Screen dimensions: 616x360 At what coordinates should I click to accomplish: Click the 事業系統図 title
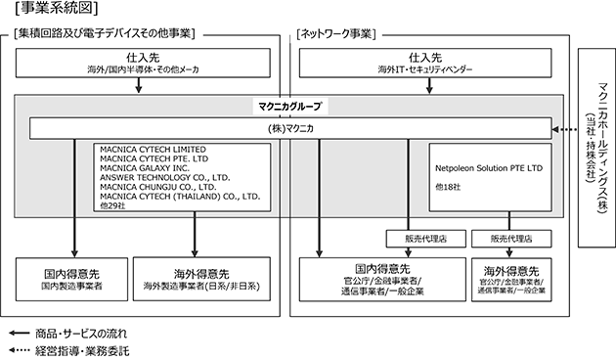click(57, 8)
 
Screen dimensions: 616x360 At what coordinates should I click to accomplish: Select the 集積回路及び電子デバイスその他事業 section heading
click(104, 34)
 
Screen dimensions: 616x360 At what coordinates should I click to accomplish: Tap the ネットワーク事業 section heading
click(336, 34)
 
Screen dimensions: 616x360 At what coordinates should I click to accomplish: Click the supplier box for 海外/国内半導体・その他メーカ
click(143, 63)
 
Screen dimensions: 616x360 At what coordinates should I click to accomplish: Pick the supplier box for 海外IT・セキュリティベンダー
click(425, 63)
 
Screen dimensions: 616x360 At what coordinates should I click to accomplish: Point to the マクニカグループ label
click(290, 106)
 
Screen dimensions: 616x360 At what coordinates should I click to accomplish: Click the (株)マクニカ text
click(290, 128)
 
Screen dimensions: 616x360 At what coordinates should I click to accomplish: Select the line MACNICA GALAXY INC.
click(145, 168)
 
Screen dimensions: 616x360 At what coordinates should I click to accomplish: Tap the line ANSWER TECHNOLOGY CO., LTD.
click(165, 178)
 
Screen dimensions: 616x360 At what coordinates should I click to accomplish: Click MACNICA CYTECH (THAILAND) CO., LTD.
click(180, 197)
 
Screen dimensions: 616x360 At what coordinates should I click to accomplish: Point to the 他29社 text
click(112, 205)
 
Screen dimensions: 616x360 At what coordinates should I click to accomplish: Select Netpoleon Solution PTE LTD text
click(489, 168)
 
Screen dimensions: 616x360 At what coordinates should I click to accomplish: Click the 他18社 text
click(448, 187)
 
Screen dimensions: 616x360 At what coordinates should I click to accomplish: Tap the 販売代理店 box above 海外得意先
click(511, 239)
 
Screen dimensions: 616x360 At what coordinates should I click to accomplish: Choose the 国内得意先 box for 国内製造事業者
click(72, 279)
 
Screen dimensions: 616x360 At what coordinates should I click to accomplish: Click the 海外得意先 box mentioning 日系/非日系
click(201, 279)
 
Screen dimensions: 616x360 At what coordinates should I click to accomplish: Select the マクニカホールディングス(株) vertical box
click(596, 148)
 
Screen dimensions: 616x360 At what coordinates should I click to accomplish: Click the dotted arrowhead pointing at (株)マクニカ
click(555, 129)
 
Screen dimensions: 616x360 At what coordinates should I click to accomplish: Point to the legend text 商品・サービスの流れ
click(81, 334)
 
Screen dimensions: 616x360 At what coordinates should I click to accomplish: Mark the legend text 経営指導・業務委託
click(82, 350)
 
